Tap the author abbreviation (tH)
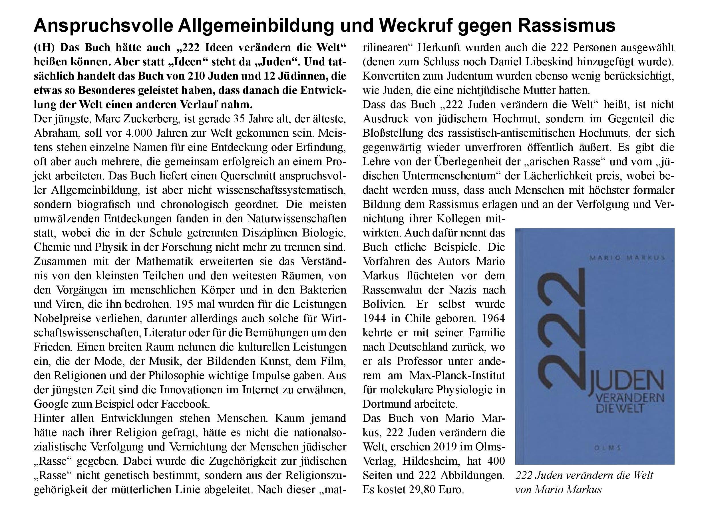pos(45,48)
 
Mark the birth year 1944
pos(373,318)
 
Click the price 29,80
pos(422,490)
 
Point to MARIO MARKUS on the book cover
pos(627,258)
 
